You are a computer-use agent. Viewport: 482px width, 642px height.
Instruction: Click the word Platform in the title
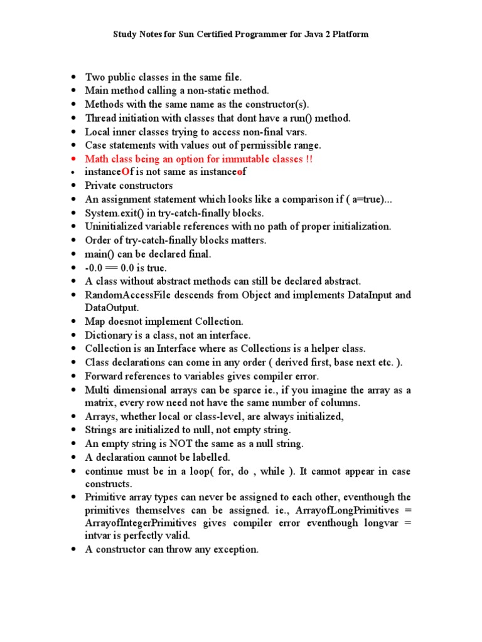point(347,34)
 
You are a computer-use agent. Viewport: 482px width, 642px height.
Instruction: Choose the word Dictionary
point(108,335)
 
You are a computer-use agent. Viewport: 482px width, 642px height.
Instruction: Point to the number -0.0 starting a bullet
point(95,267)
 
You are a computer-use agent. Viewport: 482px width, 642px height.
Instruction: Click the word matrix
point(100,403)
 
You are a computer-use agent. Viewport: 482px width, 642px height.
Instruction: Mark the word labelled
point(208,457)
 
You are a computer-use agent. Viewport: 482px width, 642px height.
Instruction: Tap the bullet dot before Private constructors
point(73,186)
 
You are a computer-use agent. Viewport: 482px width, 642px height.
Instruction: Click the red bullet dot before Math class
point(73,159)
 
